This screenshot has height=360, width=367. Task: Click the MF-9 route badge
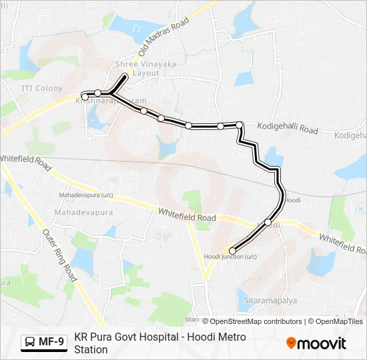coord(43,342)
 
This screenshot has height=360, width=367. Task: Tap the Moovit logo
coord(316,343)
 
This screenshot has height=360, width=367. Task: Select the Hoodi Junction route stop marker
coord(232,251)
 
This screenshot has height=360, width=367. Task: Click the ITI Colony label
coord(41,88)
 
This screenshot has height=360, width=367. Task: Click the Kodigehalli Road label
coord(288,127)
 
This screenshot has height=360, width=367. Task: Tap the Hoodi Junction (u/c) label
coord(230,257)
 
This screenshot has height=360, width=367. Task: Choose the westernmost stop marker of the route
coord(85,97)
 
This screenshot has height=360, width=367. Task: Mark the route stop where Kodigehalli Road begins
coord(239,125)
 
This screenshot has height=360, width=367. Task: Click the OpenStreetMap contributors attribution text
coord(256,321)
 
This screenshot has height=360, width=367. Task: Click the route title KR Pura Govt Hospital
coord(160,337)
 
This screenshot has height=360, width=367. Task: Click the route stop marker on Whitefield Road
coord(268,223)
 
